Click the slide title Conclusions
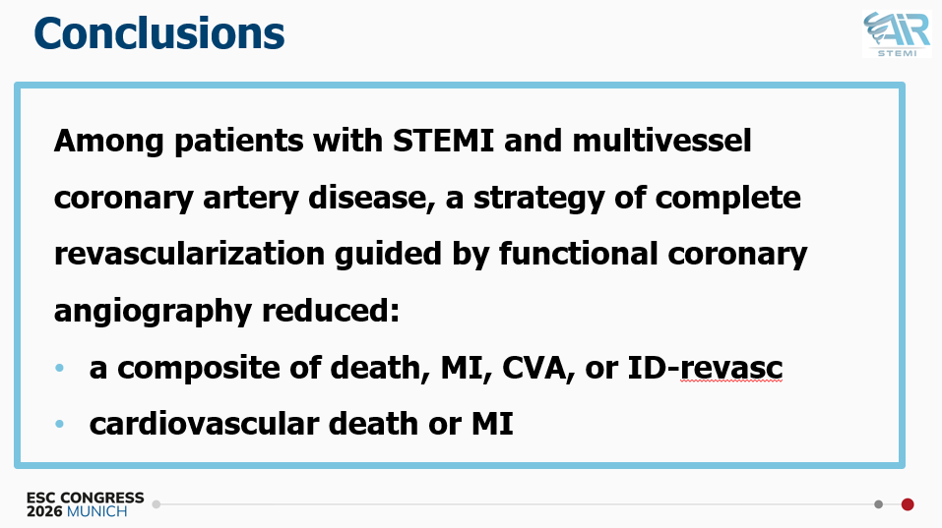[x=159, y=33]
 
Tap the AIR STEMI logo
[x=897, y=33]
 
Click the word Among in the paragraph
[x=108, y=142]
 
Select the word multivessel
[x=661, y=141]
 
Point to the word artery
[x=251, y=198]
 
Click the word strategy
[x=538, y=198]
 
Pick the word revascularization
[x=189, y=254]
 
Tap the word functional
[x=578, y=254]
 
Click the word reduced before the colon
[x=326, y=310]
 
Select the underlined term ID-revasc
[x=705, y=368]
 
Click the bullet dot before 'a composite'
[x=59, y=368]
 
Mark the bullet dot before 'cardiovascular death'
[x=59, y=424]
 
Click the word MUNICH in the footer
[x=96, y=512]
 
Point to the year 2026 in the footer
[x=44, y=512]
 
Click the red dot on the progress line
[x=908, y=504]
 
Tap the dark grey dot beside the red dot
[x=878, y=504]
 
